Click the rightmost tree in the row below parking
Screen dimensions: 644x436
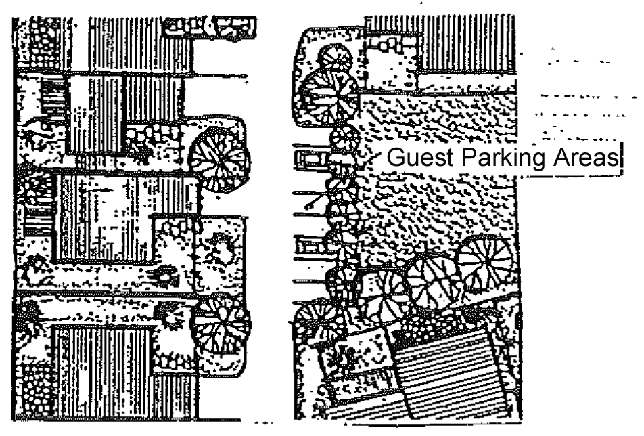(x=485, y=261)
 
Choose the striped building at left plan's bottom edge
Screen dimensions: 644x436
(x=101, y=372)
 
